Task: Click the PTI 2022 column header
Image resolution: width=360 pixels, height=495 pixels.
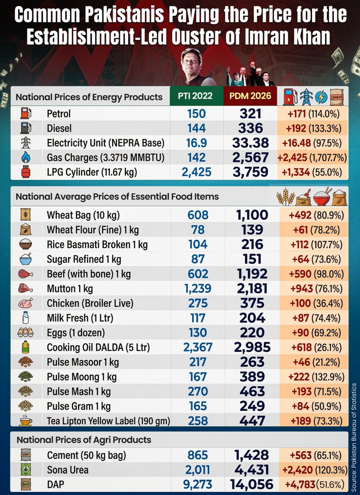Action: pos(196,96)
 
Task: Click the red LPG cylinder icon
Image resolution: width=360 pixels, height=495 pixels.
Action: pos(26,172)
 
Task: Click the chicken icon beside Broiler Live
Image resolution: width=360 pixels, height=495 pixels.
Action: pos(26,303)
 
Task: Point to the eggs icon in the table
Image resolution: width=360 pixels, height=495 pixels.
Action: pos(26,332)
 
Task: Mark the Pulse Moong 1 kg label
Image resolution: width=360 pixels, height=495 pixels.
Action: pos(82,377)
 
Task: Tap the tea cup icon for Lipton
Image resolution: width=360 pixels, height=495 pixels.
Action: pos(26,420)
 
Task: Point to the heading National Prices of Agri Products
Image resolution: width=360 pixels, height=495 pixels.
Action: pos(84,440)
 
